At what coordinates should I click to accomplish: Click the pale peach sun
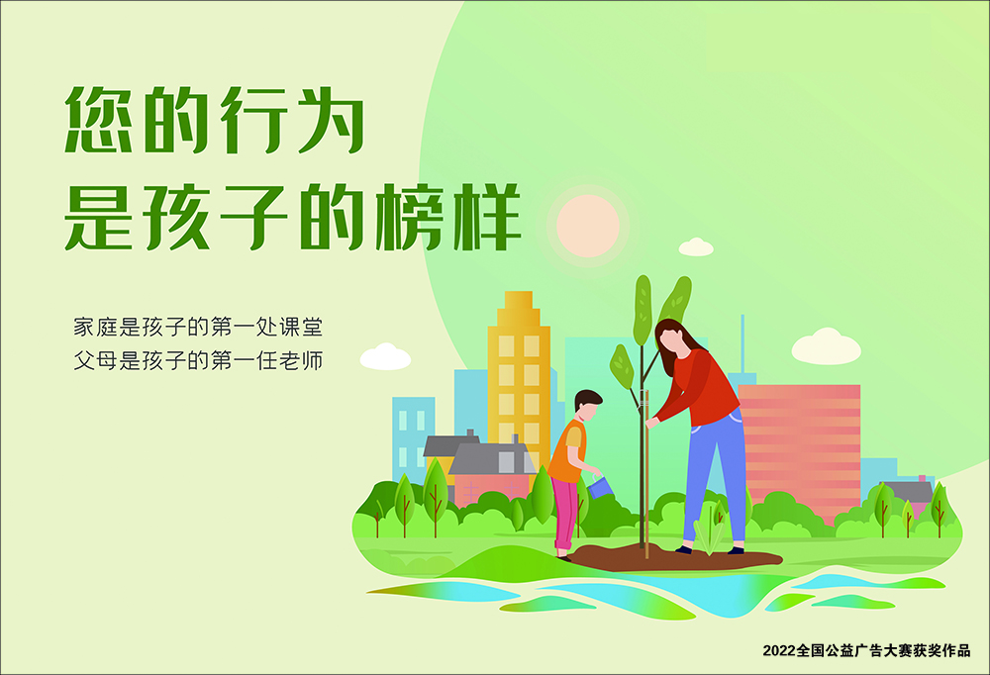[x=587, y=226]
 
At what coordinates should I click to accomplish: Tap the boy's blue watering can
[x=601, y=486]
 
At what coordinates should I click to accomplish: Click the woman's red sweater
[x=701, y=388]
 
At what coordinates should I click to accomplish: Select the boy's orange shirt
[x=568, y=451]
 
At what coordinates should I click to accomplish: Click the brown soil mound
[x=675, y=557]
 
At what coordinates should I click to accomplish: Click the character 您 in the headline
[x=99, y=119]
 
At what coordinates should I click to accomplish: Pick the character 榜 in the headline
[x=411, y=217]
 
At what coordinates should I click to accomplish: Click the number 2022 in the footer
[x=778, y=651]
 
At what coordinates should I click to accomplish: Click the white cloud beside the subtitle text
[x=385, y=357]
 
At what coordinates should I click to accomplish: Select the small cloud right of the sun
[x=696, y=247]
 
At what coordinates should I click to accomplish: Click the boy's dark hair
[x=587, y=399]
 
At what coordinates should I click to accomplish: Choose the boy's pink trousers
[x=564, y=513]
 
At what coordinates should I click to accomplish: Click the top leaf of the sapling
[x=643, y=310]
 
